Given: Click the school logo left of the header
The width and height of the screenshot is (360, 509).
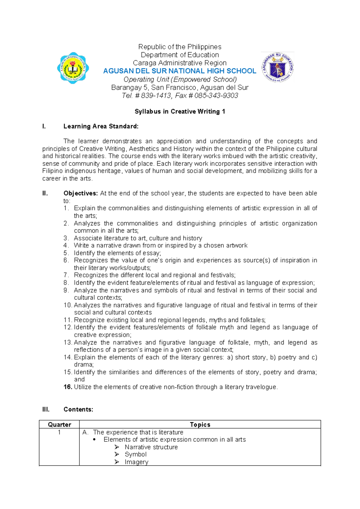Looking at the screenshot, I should point(73,68).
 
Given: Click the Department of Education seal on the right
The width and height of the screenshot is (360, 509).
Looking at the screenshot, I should point(277,67).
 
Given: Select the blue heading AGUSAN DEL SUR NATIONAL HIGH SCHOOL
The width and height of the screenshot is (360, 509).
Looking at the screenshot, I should point(180,71).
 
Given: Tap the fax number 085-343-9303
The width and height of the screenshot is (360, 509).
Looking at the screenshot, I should point(216,96).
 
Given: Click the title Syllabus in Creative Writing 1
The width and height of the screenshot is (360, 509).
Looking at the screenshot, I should point(180,112).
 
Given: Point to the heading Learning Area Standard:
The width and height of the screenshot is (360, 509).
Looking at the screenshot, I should point(101,126).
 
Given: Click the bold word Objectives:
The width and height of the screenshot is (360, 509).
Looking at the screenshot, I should point(80,194).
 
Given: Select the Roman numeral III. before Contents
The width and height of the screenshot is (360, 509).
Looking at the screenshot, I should point(46,410).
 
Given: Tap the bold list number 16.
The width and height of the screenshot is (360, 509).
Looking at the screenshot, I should point(68,387).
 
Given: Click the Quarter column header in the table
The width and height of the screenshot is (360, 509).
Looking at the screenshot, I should point(59,425).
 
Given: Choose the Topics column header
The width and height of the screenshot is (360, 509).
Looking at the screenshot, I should point(200,425).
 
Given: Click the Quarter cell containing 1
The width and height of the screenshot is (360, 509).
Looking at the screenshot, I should point(59,432).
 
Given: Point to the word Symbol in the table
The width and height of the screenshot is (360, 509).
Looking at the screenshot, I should point(136,455).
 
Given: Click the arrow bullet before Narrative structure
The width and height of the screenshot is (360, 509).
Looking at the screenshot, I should point(117,447).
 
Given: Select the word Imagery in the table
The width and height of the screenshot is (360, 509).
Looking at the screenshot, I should point(136,462).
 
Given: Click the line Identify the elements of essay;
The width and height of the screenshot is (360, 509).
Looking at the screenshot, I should point(117,253).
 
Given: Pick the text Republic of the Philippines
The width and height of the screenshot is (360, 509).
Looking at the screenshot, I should point(180,47).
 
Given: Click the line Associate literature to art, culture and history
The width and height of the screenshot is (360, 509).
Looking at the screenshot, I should point(138,238).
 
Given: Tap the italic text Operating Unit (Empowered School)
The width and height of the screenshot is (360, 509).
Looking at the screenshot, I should point(180,80).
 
